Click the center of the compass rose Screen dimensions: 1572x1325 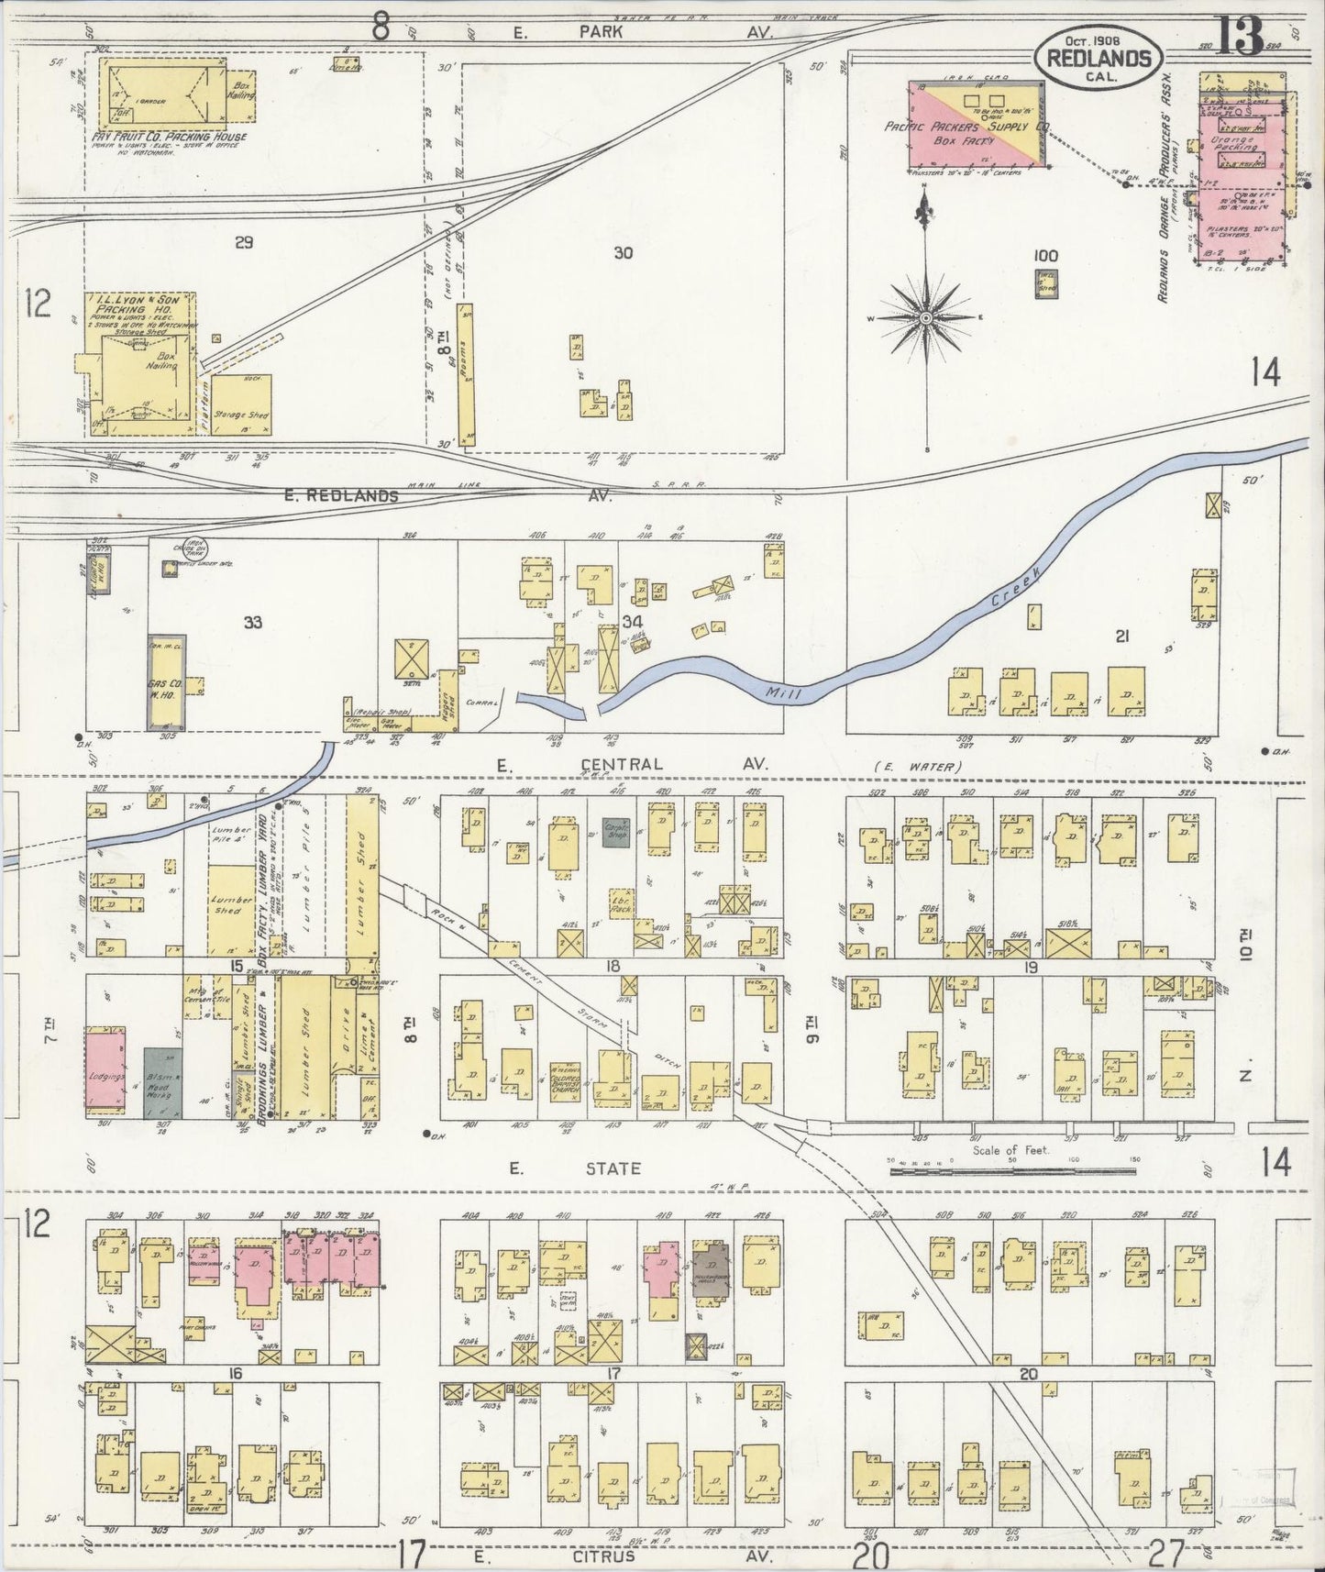pyautogui.click(x=926, y=317)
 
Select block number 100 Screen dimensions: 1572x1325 pyautogui.click(x=1044, y=256)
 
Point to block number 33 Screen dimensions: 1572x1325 pyautogui.click(x=253, y=623)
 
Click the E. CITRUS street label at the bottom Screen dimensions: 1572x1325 pyautogui.click(x=557, y=1556)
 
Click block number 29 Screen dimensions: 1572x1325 pyautogui.click(x=243, y=242)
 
